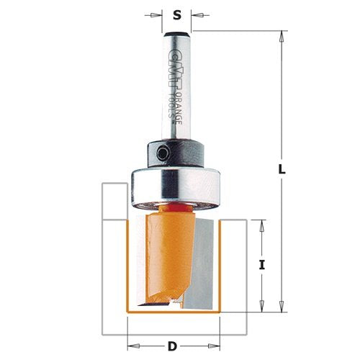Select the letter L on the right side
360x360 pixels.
pos(282,171)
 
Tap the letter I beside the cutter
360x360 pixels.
pos(262,265)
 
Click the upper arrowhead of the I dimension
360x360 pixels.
pos(261,223)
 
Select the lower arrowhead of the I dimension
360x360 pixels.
pos(261,308)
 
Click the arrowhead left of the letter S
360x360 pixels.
pos(160,13)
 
